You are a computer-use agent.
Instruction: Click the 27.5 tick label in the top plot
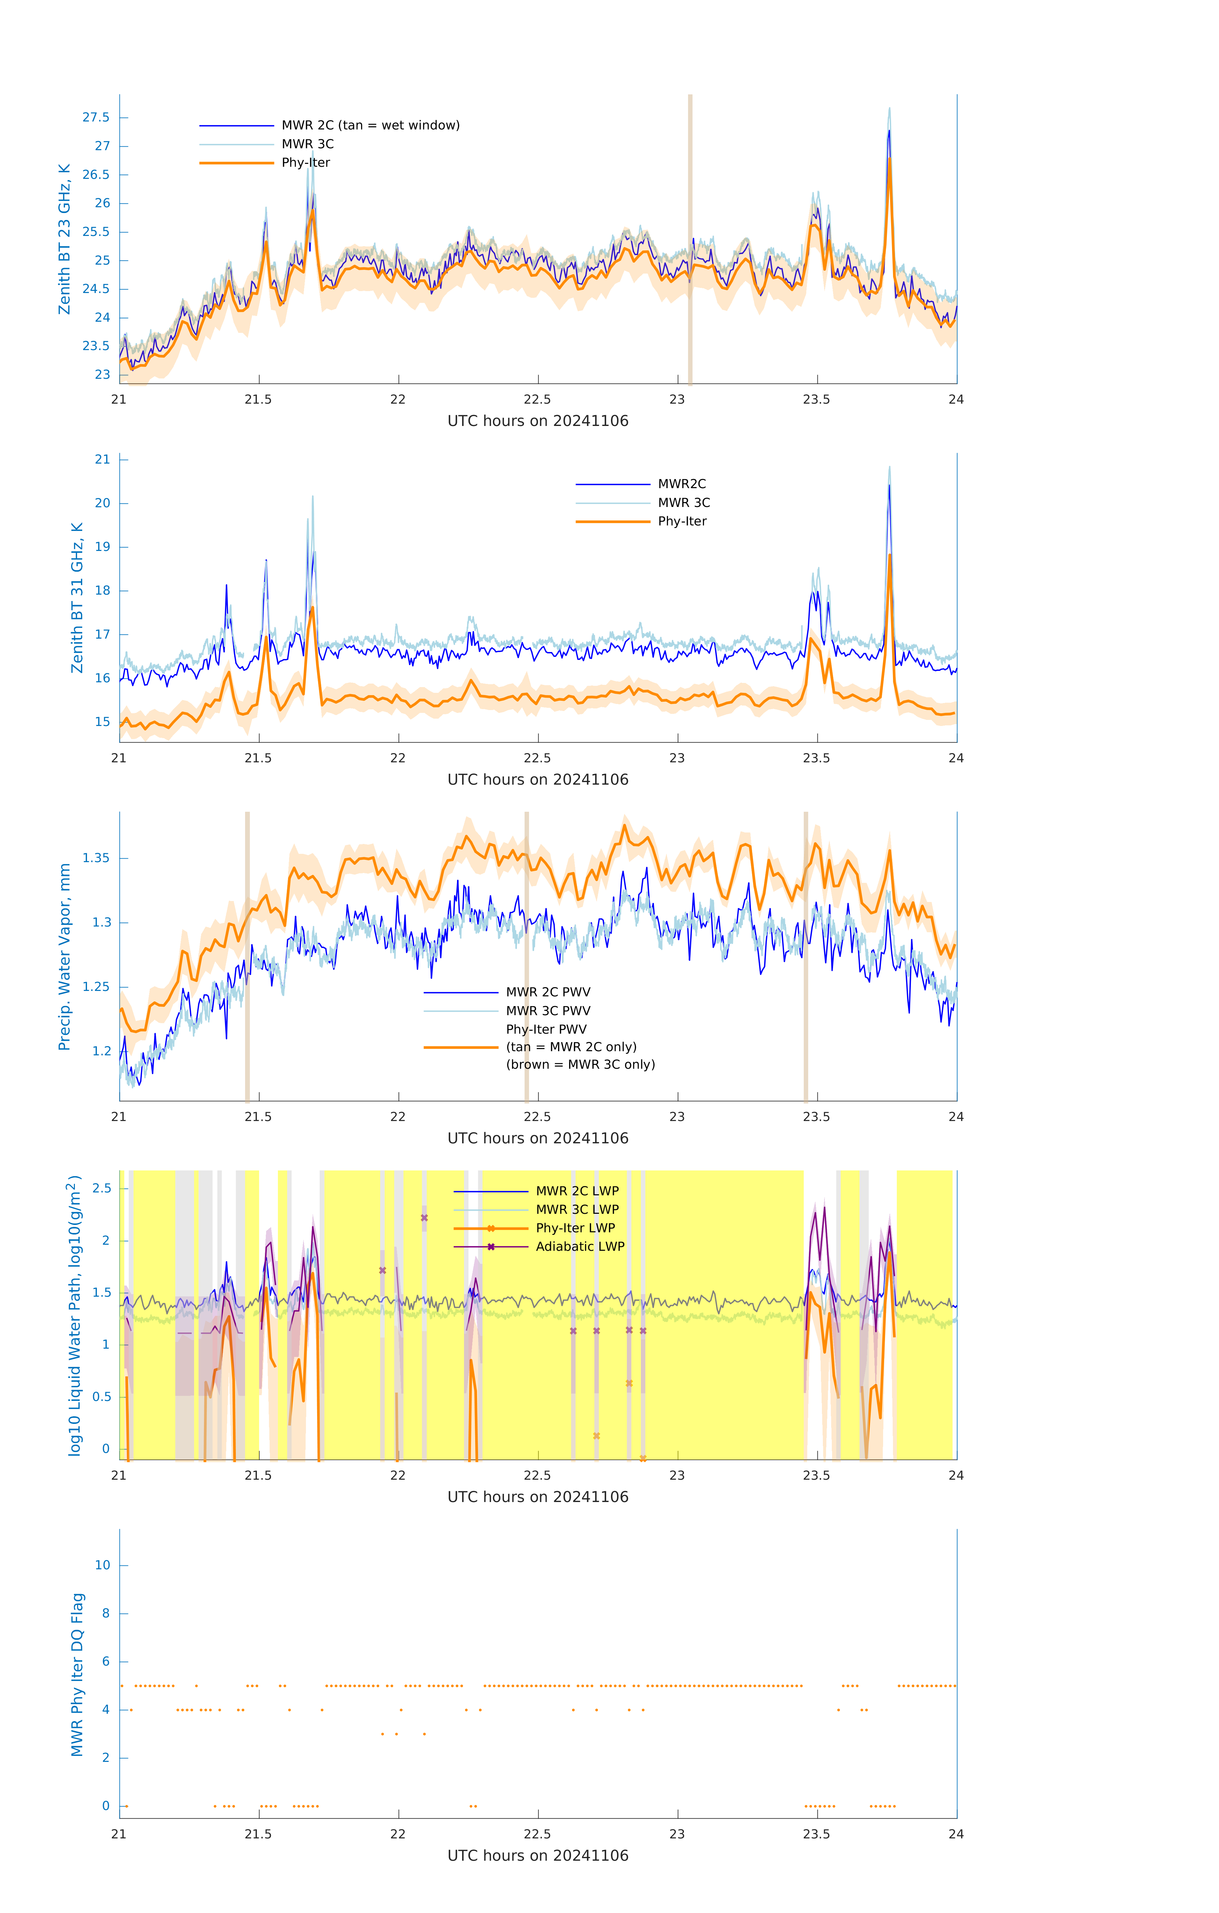[x=96, y=118]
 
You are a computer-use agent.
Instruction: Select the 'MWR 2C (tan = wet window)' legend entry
[x=370, y=126]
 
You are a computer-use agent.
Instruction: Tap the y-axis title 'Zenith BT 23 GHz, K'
[x=64, y=239]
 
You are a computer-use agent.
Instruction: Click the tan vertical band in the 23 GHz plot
[x=690, y=238]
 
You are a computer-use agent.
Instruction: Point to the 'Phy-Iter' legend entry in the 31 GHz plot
[x=681, y=521]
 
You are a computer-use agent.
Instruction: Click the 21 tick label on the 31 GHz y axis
[x=102, y=459]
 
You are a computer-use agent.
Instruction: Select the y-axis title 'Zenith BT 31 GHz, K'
[x=77, y=597]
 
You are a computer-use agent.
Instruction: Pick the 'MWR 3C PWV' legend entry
[x=548, y=1010]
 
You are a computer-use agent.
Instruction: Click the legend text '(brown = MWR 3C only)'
[x=581, y=1065]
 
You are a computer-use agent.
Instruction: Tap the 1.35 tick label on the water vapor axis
[x=96, y=858]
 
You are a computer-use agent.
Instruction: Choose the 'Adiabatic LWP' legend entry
[x=580, y=1246]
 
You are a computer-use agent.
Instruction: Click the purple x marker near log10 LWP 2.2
[x=424, y=1218]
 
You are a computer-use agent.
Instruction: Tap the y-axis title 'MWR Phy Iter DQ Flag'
[x=77, y=1675]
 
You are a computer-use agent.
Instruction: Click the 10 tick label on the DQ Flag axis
[x=102, y=1565]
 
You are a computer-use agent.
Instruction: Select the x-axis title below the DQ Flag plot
[x=538, y=1856]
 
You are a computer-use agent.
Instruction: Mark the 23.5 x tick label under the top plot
[x=816, y=399]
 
